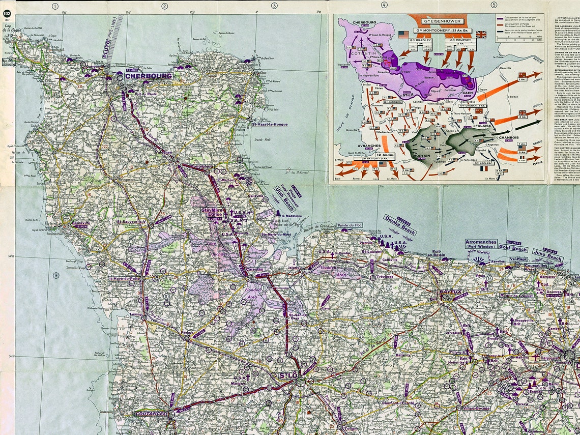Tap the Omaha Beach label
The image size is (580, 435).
coord(400,225)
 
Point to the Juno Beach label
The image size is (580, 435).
coord(547,255)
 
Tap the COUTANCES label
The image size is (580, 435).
coord(151,414)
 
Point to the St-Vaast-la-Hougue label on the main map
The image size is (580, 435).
coord(270,124)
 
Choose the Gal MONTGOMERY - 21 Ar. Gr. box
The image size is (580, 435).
coord(442,31)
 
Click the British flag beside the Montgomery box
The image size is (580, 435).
coord(480,35)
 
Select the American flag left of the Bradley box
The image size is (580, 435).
coord(403,35)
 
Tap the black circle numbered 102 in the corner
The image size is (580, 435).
coord(7,13)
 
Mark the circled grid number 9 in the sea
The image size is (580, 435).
coord(55,275)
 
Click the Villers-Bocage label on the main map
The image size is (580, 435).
coord(475,408)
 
